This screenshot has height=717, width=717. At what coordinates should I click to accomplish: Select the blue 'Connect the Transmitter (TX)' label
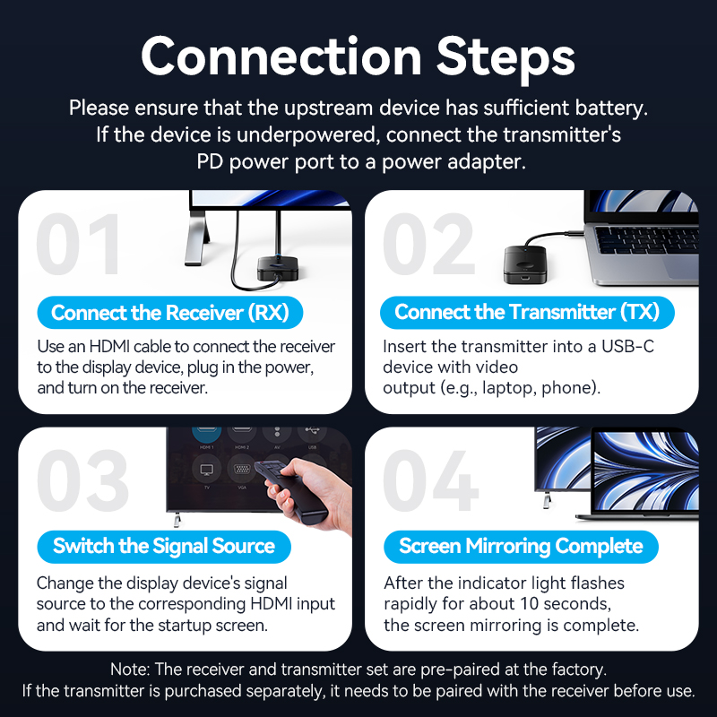point(526,313)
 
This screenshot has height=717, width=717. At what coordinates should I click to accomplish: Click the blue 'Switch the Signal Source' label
point(163,546)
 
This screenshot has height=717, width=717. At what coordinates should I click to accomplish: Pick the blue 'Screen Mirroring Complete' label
point(521,546)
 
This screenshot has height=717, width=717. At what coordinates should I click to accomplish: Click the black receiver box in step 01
point(279,266)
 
